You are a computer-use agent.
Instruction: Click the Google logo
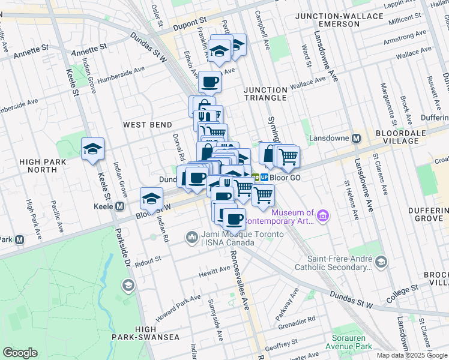pos(20,353)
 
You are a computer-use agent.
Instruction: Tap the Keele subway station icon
pos(119,206)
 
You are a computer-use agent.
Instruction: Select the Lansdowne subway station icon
pos(356,138)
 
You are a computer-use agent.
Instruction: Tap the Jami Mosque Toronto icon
pos(191,238)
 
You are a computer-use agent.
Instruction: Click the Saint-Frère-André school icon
pos(381,262)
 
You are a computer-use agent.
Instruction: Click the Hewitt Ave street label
pos(214,272)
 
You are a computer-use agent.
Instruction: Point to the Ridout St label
pos(148,259)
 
